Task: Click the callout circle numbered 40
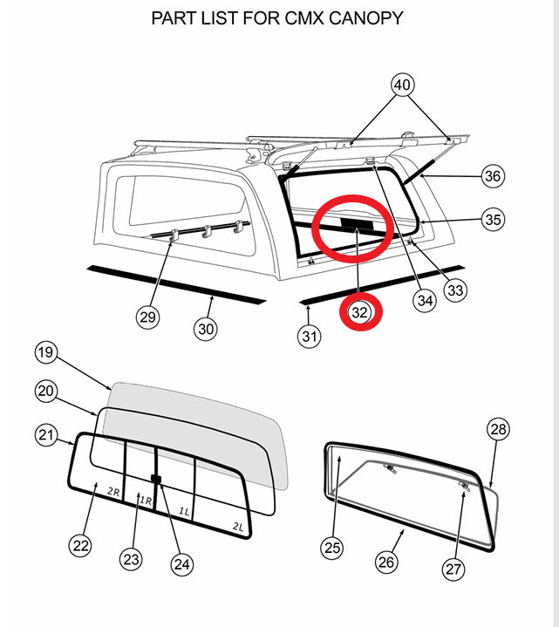402,85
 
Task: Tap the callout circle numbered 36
493,176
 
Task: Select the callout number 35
493,219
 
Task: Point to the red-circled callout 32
359,312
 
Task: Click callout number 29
147,317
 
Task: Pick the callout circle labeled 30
206,329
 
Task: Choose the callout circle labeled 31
309,337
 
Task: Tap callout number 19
45,352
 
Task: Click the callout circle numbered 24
182,564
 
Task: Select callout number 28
498,429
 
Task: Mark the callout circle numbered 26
386,562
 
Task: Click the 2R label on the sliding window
113,492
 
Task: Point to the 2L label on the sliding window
238,527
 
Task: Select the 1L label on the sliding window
184,511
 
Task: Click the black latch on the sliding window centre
156,478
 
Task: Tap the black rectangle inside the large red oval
357,224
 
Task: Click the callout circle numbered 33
455,290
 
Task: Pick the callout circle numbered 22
80,545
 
